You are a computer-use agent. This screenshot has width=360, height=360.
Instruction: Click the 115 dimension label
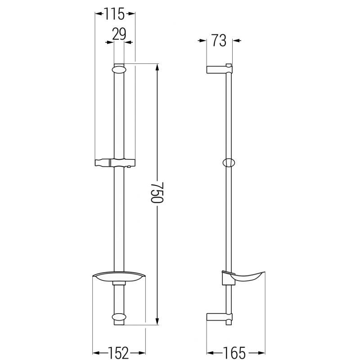click(x=115, y=14)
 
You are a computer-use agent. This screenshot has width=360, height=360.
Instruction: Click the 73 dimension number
click(x=219, y=41)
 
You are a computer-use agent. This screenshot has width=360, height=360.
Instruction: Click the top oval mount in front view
click(x=118, y=69)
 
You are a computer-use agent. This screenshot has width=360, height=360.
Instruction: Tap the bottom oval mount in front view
click(x=118, y=317)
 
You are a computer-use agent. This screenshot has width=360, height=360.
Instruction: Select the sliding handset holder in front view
click(x=115, y=162)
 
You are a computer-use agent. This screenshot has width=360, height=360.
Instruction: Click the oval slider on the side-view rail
click(x=229, y=162)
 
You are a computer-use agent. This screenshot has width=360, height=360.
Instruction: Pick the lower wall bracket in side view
click(x=219, y=317)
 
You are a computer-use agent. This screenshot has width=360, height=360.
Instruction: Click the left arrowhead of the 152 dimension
click(x=95, y=351)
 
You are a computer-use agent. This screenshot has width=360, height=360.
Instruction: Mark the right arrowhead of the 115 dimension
click(x=132, y=14)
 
